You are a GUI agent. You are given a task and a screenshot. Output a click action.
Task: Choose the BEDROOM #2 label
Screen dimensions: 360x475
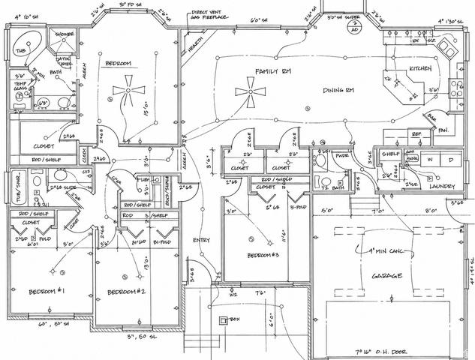[125, 291]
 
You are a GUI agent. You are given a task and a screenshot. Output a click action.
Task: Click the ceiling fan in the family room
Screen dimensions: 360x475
[247, 93]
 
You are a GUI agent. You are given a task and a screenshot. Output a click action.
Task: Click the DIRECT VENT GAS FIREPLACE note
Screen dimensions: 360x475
[213, 16]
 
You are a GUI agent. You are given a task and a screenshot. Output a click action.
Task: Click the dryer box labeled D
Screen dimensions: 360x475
[450, 160]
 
